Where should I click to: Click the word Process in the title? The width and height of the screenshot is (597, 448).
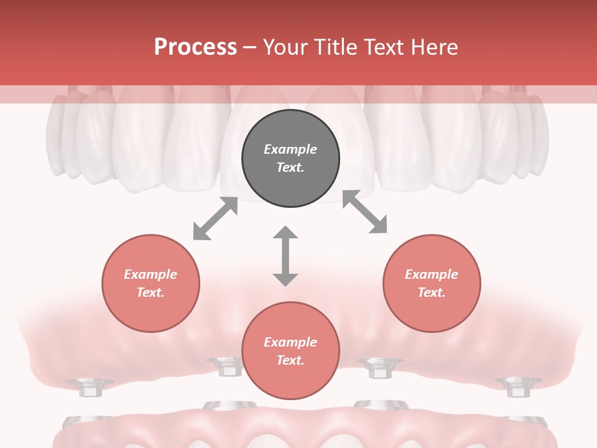pyautogui.click(x=195, y=47)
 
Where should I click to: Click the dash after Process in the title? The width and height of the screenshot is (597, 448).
pyautogui.click(x=250, y=47)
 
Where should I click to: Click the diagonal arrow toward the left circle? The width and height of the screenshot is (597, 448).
pyautogui.click(x=215, y=218)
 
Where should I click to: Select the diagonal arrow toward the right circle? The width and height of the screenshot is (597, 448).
pyautogui.click(x=365, y=212)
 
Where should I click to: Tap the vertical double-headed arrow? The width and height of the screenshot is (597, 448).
pyautogui.click(x=285, y=256)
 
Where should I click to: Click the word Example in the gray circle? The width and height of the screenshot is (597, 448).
pyautogui.click(x=290, y=149)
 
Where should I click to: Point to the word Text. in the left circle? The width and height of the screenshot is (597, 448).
pyautogui.click(x=150, y=292)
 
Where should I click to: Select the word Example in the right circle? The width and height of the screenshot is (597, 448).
pyautogui.click(x=432, y=274)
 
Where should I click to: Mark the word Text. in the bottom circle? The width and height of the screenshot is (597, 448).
pyautogui.click(x=290, y=360)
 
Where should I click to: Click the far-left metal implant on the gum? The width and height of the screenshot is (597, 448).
pyautogui.click(x=89, y=386)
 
